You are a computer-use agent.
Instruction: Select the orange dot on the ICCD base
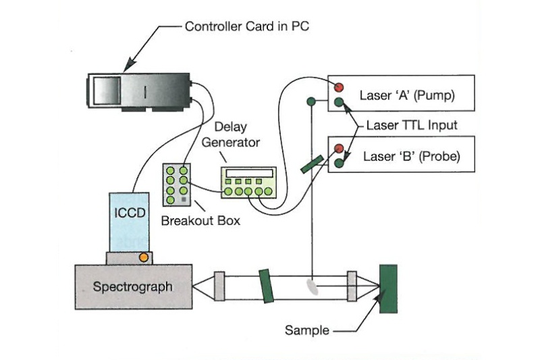(x=143, y=257)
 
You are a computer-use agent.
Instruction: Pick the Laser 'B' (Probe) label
(x=406, y=157)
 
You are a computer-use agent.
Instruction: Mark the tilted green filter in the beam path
(x=265, y=285)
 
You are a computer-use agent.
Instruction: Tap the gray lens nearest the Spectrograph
(x=220, y=286)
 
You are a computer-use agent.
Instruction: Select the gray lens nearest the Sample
(x=352, y=286)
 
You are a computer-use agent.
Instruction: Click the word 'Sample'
(x=306, y=331)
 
